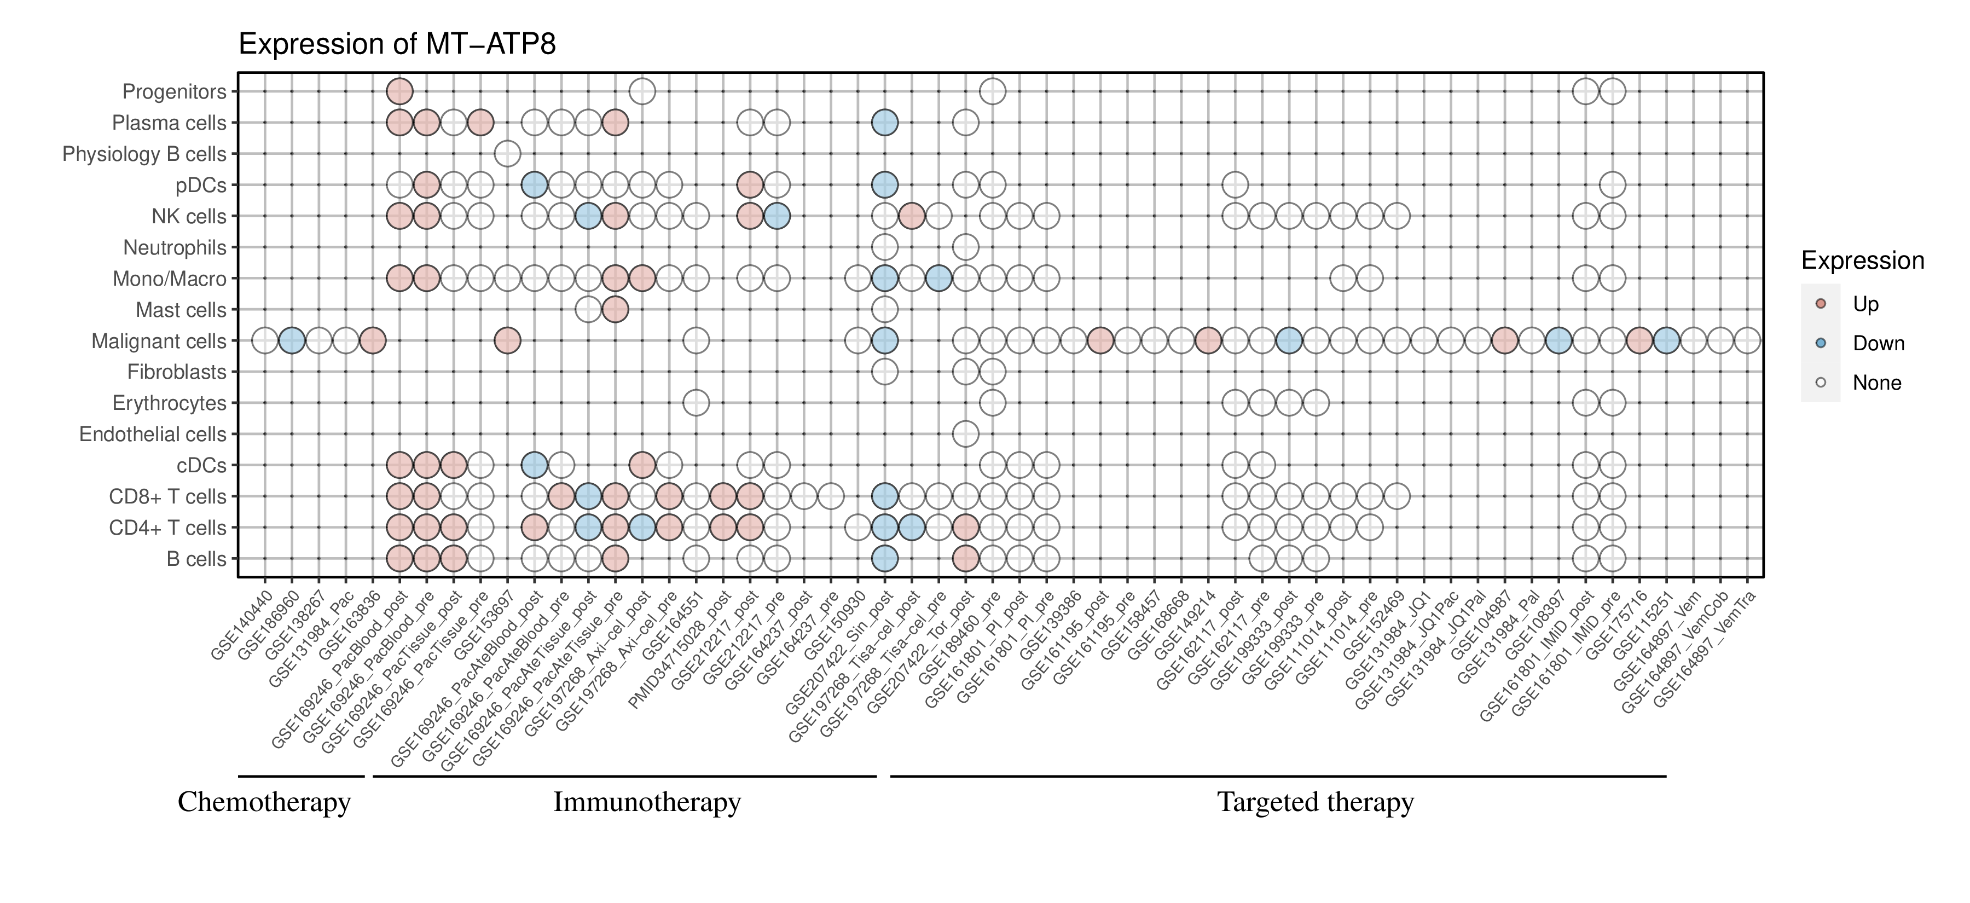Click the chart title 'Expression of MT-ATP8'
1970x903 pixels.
pos(397,44)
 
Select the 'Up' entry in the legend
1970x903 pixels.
pos(1865,304)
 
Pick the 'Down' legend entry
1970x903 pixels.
pos(1878,343)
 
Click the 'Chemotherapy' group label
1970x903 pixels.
pos(264,802)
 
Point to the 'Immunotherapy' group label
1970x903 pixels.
pos(647,802)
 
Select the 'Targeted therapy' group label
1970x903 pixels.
pos(1316,802)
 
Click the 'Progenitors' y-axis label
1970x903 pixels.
pos(175,92)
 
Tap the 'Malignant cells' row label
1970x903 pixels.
pos(159,341)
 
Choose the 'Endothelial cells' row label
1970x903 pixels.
pos(153,435)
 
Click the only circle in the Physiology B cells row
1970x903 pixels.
pos(508,154)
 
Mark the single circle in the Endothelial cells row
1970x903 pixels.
pos(965,435)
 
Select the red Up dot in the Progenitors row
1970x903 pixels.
pos(399,92)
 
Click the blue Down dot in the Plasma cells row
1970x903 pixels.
pos(885,123)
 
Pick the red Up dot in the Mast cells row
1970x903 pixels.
pos(615,310)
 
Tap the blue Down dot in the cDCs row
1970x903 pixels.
pos(534,465)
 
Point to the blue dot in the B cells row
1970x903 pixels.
pos(885,559)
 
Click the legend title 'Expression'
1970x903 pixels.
pos(1862,261)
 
